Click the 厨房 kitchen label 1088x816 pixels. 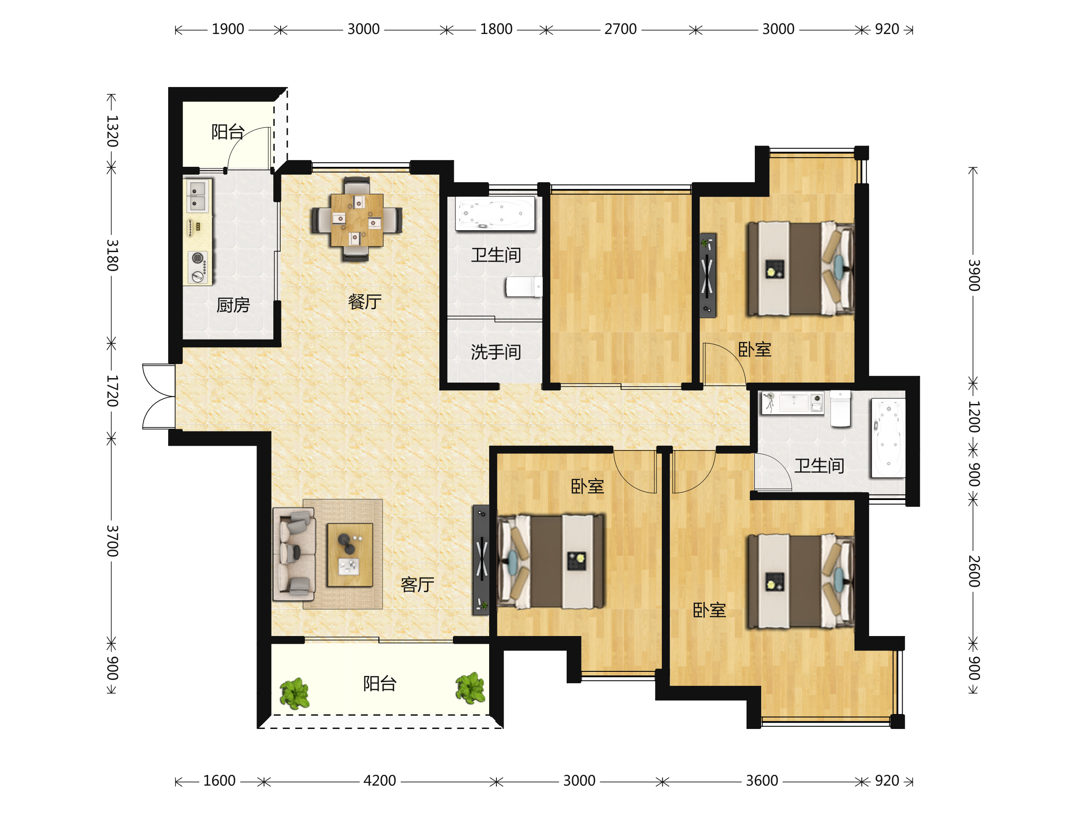233,306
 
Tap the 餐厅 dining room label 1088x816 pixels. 364,301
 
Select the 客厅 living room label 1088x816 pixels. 417,584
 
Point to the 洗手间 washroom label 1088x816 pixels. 496,352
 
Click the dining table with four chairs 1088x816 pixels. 357,219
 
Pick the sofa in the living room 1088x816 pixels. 294,554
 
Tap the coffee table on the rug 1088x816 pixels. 350,555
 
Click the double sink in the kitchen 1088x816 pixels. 198,195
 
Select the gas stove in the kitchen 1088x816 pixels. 198,267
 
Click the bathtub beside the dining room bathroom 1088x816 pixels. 495,214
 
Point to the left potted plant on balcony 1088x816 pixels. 295,694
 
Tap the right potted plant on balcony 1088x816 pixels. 470,688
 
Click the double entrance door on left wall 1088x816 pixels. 159,397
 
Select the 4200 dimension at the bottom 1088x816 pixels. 380,781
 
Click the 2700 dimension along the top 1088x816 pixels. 620,29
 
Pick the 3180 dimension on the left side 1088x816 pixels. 112,255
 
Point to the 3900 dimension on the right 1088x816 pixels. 974,276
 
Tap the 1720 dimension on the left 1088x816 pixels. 112,391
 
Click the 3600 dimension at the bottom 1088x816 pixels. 762,781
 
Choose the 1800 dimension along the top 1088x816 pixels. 496,29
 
